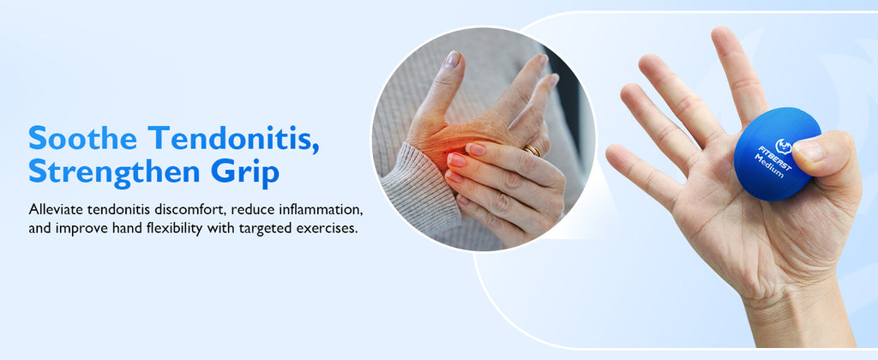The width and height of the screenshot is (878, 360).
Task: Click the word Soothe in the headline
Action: coord(82,138)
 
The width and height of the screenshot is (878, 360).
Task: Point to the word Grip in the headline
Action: coord(244,173)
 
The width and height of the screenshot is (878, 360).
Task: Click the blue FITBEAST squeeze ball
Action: coord(774,154)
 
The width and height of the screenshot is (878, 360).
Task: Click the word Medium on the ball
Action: coord(768,165)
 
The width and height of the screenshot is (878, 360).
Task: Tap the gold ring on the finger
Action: coord(532,150)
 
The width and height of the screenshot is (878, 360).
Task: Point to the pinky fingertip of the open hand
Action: coord(615,154)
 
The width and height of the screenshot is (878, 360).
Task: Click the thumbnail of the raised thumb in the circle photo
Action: coord(452,59)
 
